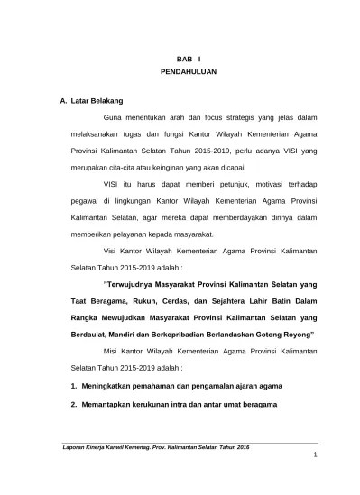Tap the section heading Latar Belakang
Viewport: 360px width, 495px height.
tap(97, 99)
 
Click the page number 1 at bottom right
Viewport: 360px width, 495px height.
tap(315, 488)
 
